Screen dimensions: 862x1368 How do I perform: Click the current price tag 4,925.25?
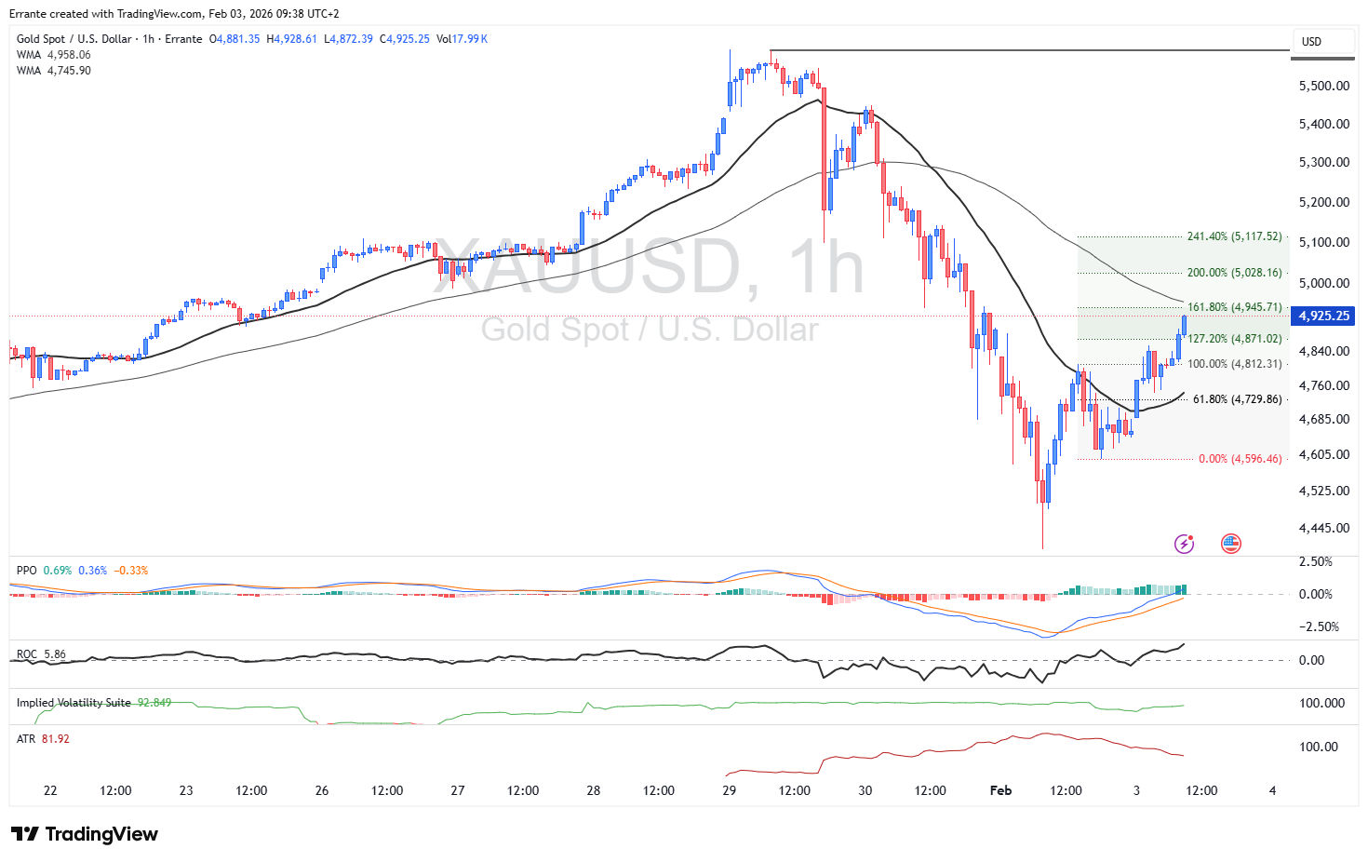click(x=1323, y=316)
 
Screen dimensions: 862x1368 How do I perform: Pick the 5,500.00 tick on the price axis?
click(x=1323, y=86)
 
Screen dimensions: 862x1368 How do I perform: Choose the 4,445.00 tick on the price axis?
click(x=1323, y=528)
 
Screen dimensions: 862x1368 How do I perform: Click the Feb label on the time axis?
click(x=1000, y=790)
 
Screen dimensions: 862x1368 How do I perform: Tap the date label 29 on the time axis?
click(x=729, y=790)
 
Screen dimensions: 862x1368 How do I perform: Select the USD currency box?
click(x=1311, y=42)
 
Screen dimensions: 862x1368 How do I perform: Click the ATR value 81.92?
click(x=56, y=739)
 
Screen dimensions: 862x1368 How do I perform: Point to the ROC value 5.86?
click(x=55, y=654)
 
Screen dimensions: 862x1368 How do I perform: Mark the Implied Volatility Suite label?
click(x=74, y=703)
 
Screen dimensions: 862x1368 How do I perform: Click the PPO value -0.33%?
click(x=131, y=571)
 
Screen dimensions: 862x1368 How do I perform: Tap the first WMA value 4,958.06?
click(x=69, y=55)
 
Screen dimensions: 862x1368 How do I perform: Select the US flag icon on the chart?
click(x=1231, y=544)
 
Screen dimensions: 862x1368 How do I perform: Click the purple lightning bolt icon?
click(x=1184, y=544)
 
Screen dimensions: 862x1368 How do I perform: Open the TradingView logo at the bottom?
click(x=85, y=834)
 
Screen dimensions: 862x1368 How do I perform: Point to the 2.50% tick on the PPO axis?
click(x=1315, y=561)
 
